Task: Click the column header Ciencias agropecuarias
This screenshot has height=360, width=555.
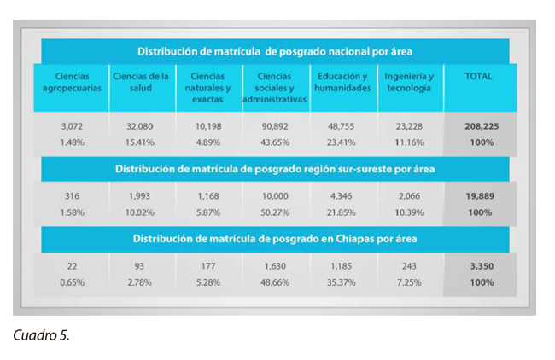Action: (x=73, y=83)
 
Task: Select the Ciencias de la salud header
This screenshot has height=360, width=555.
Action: (x=140, y=83)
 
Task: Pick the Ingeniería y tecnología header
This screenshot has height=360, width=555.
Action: (x=409, y=83)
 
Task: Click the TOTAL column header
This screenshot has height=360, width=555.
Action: (x=478, y=77)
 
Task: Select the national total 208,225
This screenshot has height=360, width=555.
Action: (x=481, y=125)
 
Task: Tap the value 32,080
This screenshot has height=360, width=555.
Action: (x=140, y=125)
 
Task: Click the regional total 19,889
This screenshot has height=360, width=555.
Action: (x=480, y=196)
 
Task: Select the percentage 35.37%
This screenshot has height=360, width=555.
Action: (x=342, y=282)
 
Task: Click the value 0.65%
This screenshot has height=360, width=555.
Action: (x=73, y=282)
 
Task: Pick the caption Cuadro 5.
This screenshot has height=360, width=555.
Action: (x=42, y=334)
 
